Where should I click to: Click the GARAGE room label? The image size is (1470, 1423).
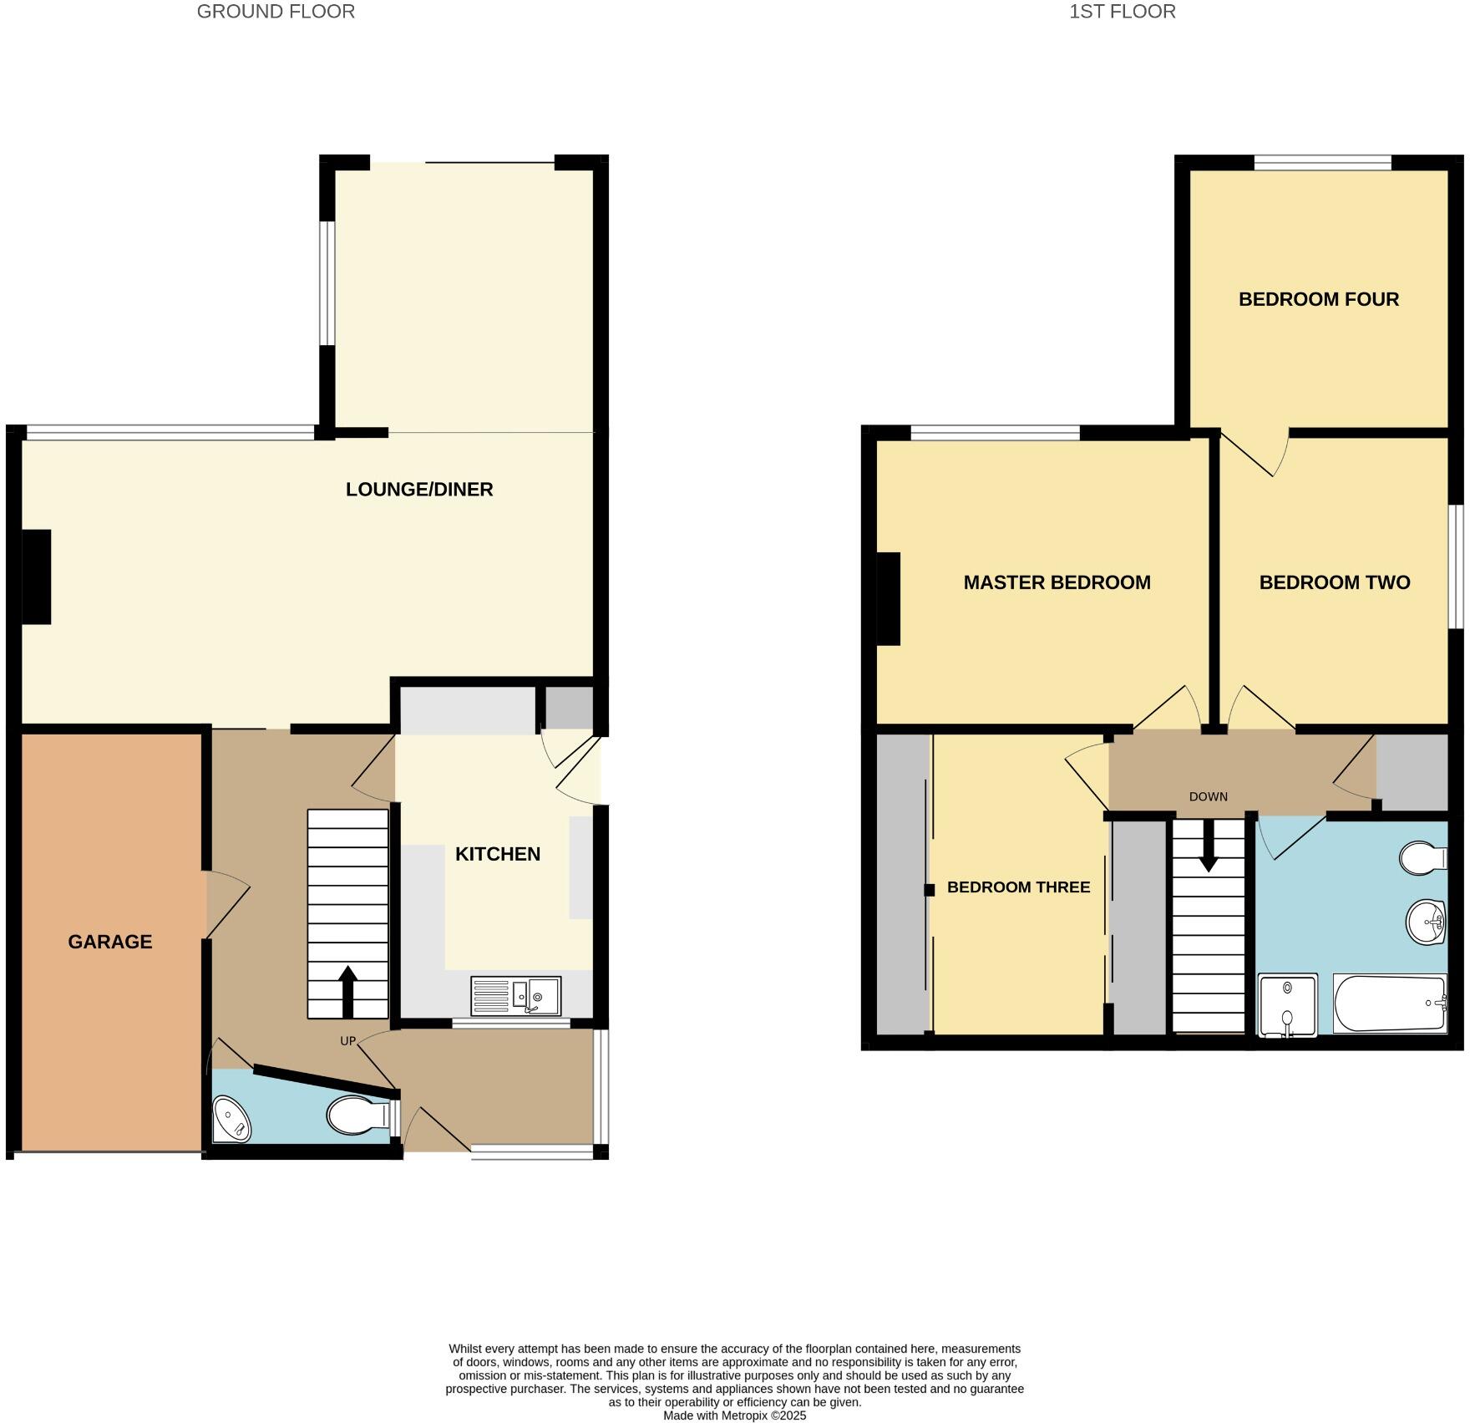[x=110, y=942]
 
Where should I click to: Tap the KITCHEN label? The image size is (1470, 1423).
[x=498, y=854]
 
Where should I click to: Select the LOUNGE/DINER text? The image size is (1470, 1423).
[x=419, y=490]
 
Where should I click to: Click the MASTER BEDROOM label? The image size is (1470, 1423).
[x=1057, y=582]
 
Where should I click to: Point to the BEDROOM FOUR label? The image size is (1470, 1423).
[x=1318, y=299]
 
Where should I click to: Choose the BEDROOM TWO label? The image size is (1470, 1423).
[x=1334, y=582]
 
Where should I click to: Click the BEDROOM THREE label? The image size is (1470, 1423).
[x=1018, y=887]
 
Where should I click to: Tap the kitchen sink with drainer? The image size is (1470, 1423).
[x=515, y=996]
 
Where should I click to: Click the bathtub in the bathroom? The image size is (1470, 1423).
[x=1389, y=1004]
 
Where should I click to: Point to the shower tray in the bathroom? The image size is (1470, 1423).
[x=1287, y=1005]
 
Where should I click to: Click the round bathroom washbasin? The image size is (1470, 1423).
[x=1425, y=922]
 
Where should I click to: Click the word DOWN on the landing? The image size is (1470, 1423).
[x=1208, y=796]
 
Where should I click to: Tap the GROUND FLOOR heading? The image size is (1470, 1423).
[x=276, y=12]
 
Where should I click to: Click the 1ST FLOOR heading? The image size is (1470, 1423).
[x=1122, y=12]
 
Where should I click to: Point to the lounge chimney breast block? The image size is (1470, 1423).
[x=36, y=577]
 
